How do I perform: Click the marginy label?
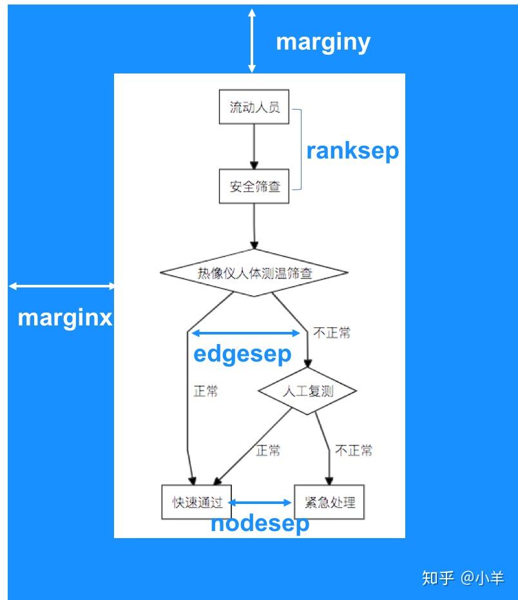(323, 43)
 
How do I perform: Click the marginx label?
(64, 318)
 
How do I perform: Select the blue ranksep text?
(352, 151)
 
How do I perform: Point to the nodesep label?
(260, 523)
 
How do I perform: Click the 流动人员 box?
(254, 108)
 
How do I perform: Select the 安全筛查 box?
(254, 188)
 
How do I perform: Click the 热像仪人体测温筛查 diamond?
(254, 273)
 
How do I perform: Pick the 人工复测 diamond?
(307, 391)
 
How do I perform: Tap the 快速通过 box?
(197, 502)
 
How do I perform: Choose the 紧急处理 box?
(329, 502)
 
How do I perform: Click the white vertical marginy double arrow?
(252, 40)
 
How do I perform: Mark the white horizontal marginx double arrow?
(62, 286)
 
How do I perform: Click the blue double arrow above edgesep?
(245, 333)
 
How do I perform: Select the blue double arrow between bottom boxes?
(261, 502)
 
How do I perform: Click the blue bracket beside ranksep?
(298, 150)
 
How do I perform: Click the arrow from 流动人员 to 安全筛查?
(254, 146)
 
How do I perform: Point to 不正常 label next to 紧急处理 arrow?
(354, 450)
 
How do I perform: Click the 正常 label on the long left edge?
(206, 391)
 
